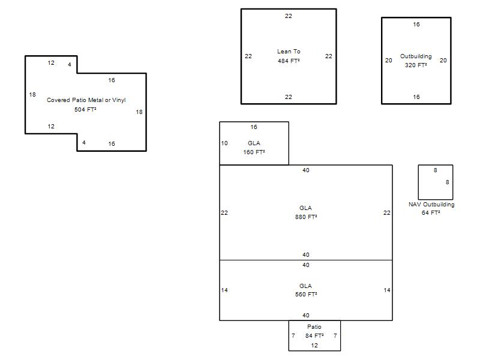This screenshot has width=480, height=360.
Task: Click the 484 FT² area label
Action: coord(289,61)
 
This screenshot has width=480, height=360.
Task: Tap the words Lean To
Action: coord(289,52)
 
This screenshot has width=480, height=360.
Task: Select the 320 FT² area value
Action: coord(416,65)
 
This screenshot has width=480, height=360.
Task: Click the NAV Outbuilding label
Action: coord(431,205)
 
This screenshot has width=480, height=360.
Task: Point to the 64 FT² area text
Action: coord(431,213)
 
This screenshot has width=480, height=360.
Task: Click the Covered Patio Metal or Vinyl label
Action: coord(86,100)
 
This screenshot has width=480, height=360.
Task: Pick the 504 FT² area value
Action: coord(86,110)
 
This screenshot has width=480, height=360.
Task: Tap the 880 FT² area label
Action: coord(305,217)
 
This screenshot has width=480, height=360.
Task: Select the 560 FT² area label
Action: coord(305,295)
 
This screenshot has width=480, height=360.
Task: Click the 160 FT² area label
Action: coord(254,152)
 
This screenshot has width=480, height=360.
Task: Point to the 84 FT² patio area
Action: coord(314,336)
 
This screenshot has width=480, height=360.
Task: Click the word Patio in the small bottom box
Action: coord(314,327)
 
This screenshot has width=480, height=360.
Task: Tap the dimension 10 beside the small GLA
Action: coord(224,143)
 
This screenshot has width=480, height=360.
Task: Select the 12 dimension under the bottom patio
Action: coord(314,346)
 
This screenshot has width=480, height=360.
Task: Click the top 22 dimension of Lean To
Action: coord(289,16)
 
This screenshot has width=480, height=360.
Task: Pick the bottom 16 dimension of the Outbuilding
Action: coord(416,97)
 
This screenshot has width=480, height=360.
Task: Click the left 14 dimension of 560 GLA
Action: coord(224,290)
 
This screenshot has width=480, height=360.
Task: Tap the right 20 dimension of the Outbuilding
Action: coord(443,61)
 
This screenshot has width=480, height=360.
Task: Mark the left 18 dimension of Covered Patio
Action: coord(32,95)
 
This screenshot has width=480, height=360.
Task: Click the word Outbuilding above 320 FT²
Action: coord(416,56)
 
